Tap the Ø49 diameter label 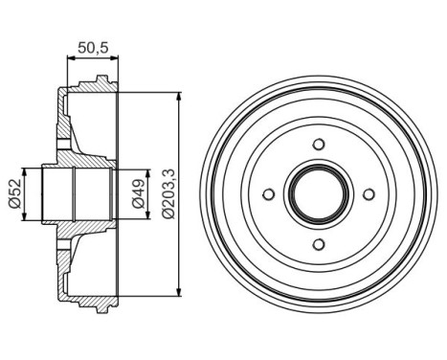pos(139,193)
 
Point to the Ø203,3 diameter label pos(169,194)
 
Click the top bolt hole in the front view pos(319,145)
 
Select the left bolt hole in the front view pos(269,194)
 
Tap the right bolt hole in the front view pos(369,194)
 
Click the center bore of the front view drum pos(319,194)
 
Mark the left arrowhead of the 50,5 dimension pos(69,58)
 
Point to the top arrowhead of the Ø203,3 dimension pos(180,97)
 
